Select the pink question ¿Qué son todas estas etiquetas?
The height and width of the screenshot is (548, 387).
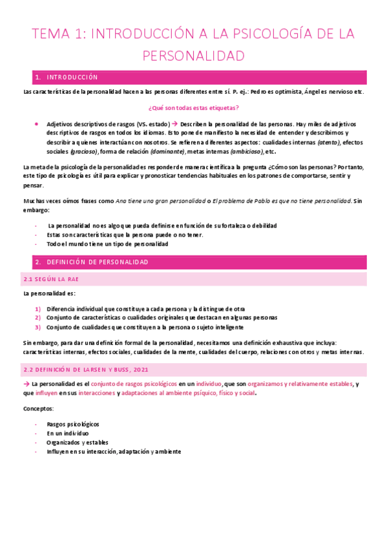point(193,107)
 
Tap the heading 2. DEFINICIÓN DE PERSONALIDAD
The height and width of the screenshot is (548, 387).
point(92,262)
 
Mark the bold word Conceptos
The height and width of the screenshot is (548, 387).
point(39,409)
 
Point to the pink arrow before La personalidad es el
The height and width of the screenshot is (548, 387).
point(26,384)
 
